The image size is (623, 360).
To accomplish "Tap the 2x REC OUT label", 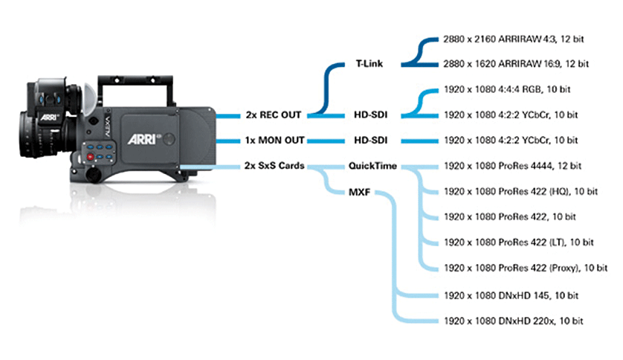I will (x=274, y=115).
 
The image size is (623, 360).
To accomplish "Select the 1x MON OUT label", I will (x=274, y=140).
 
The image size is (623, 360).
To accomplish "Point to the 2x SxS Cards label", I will (x=274, y=165).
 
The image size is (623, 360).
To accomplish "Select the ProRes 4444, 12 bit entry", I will (x=520, y=165).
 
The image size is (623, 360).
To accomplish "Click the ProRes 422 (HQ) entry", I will (x=520, y=191).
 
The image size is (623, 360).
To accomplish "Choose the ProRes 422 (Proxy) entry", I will (x=525, y=267).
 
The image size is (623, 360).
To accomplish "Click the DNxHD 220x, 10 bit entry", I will (x=511, y=321).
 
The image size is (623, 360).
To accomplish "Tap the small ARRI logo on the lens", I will (x=28, y=117).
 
